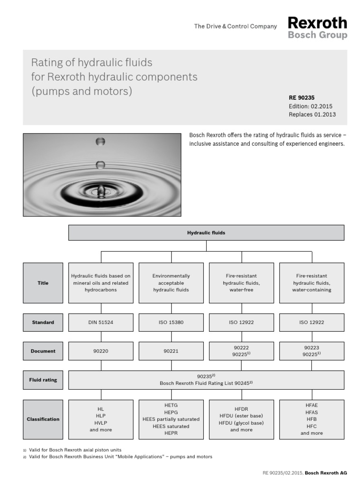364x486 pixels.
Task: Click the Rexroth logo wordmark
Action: (x=318, y=23)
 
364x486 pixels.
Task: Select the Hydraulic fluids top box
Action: (x=206, y=233)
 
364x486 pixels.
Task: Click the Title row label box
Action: (x=43, y=283)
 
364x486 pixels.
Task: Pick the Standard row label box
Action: (x=43, y=322)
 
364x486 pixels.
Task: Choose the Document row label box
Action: (x=43, y=351)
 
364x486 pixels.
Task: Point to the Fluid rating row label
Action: (x=43, y=380)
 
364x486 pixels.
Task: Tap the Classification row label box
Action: (x=43, y=419)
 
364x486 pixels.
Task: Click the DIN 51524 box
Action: (x=100, y=322)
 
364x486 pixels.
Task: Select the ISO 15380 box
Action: (x=171, y=322)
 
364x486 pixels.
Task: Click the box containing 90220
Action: (x=100, y=351)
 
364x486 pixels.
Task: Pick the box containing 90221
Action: (x=171, y=351)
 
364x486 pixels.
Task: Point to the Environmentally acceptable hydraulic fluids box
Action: (x=171, y=283)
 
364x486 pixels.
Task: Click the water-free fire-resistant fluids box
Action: (x=241, y=283)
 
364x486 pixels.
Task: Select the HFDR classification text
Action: (x=241, y=409)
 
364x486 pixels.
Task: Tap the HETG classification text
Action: (x=171, y=405)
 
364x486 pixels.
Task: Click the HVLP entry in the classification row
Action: (x=100, y=423)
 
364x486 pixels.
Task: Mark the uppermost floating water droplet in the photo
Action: (x=100, y=141)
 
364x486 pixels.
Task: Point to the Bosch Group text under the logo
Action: (x=318, y=35)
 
